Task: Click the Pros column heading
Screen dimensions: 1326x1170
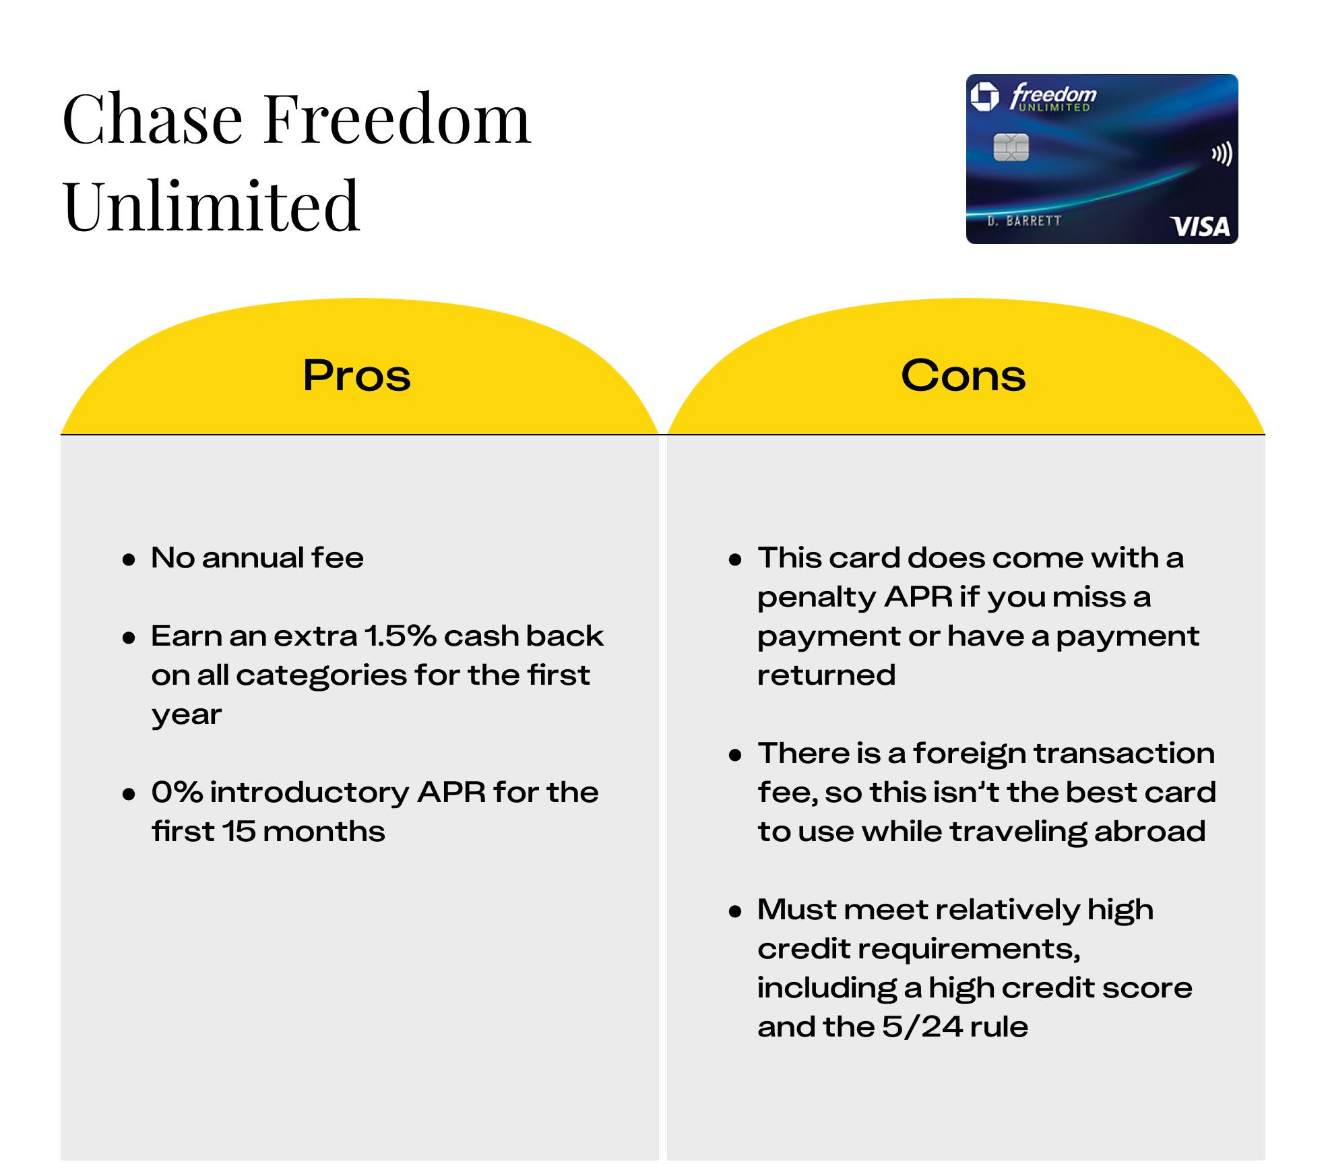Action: pyautogui.click(x=356, y=375)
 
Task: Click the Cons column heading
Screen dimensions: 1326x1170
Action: pyautogui.click(x=964, y=375)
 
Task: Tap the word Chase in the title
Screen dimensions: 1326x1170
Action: pyautogui.click(x=153, y=119)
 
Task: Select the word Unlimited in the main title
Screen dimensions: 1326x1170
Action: pyautogui.click(x=212, y=205)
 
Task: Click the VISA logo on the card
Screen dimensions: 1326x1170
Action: pyautogui.click(x=1200, y=226)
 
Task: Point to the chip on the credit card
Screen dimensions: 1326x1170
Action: pyautogui.click(x=1011, y=148)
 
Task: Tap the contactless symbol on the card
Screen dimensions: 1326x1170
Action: pyautogui.click(x=1222, y=154)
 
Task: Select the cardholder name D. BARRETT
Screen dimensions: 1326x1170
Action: pyautogui.click(x=1024, y=221)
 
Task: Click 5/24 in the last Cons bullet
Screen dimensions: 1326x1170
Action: pyautogui.click(x=922, y=1027)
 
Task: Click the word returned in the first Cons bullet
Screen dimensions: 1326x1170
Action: pyautogui.click(x=826, y=675)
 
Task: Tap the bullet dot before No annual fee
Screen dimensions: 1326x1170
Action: pyautogui.click(x=129, y=560)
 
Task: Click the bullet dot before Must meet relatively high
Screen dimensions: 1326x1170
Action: pyautogui.click(x=735, y=912)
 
